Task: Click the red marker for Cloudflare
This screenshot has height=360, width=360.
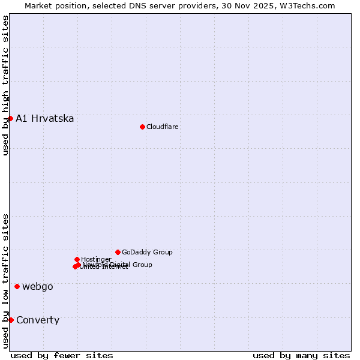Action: pyautogui.click(x=142, y=127)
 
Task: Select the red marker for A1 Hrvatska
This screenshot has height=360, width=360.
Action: pyautogui.click(x=10, y=118)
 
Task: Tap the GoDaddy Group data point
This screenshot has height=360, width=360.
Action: pyautogui.click(x=118, y=252)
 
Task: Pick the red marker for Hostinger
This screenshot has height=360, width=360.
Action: pyautogui.click(x=77, y=259)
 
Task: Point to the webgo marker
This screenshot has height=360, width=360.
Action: pyautogui.click(x=17, y=286)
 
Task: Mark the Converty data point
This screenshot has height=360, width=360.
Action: pyautogui.click(x=11, y=320)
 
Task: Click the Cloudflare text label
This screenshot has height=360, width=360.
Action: pyautogui.click(x=163, y=127)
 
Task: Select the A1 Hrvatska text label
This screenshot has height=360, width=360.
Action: pyautogui.click(x=45, y=118)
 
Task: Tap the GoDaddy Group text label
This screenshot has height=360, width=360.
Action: pyautogui.click(x=147, y=252)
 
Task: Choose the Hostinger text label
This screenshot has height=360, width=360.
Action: pyautogui.click(x=96, y=259)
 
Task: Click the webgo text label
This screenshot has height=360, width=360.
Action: pyautogui.click(x=38, y=286)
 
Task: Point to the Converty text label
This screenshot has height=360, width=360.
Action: pyautogui.click(x=38, y=320)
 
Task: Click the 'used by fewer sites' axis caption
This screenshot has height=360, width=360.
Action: pyautogui.click(x=62, y=355)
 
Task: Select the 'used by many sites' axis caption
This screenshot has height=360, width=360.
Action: pyautogui.click(x=301, y=355)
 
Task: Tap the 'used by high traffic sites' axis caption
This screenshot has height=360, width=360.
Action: pyautogui.click(x=5, y=85)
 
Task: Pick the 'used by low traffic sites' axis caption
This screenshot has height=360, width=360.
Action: pyautogui.click(x=5, y=280)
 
